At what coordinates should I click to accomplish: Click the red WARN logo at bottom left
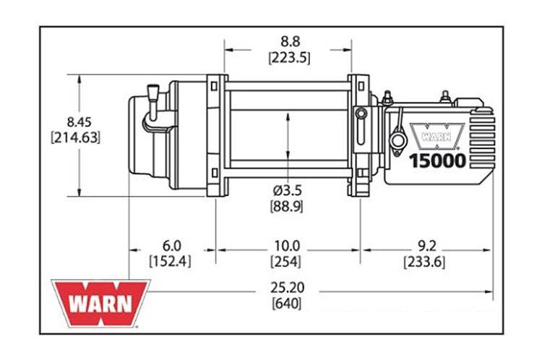(100, 303)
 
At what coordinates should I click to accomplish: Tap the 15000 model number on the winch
(439, 160)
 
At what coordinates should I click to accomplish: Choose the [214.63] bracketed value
(74, 137)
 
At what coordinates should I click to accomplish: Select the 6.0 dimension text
(171, 246)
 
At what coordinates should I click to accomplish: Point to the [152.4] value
(171, 262)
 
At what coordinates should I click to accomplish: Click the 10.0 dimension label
(285, 246)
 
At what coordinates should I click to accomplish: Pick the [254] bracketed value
(285, 262)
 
